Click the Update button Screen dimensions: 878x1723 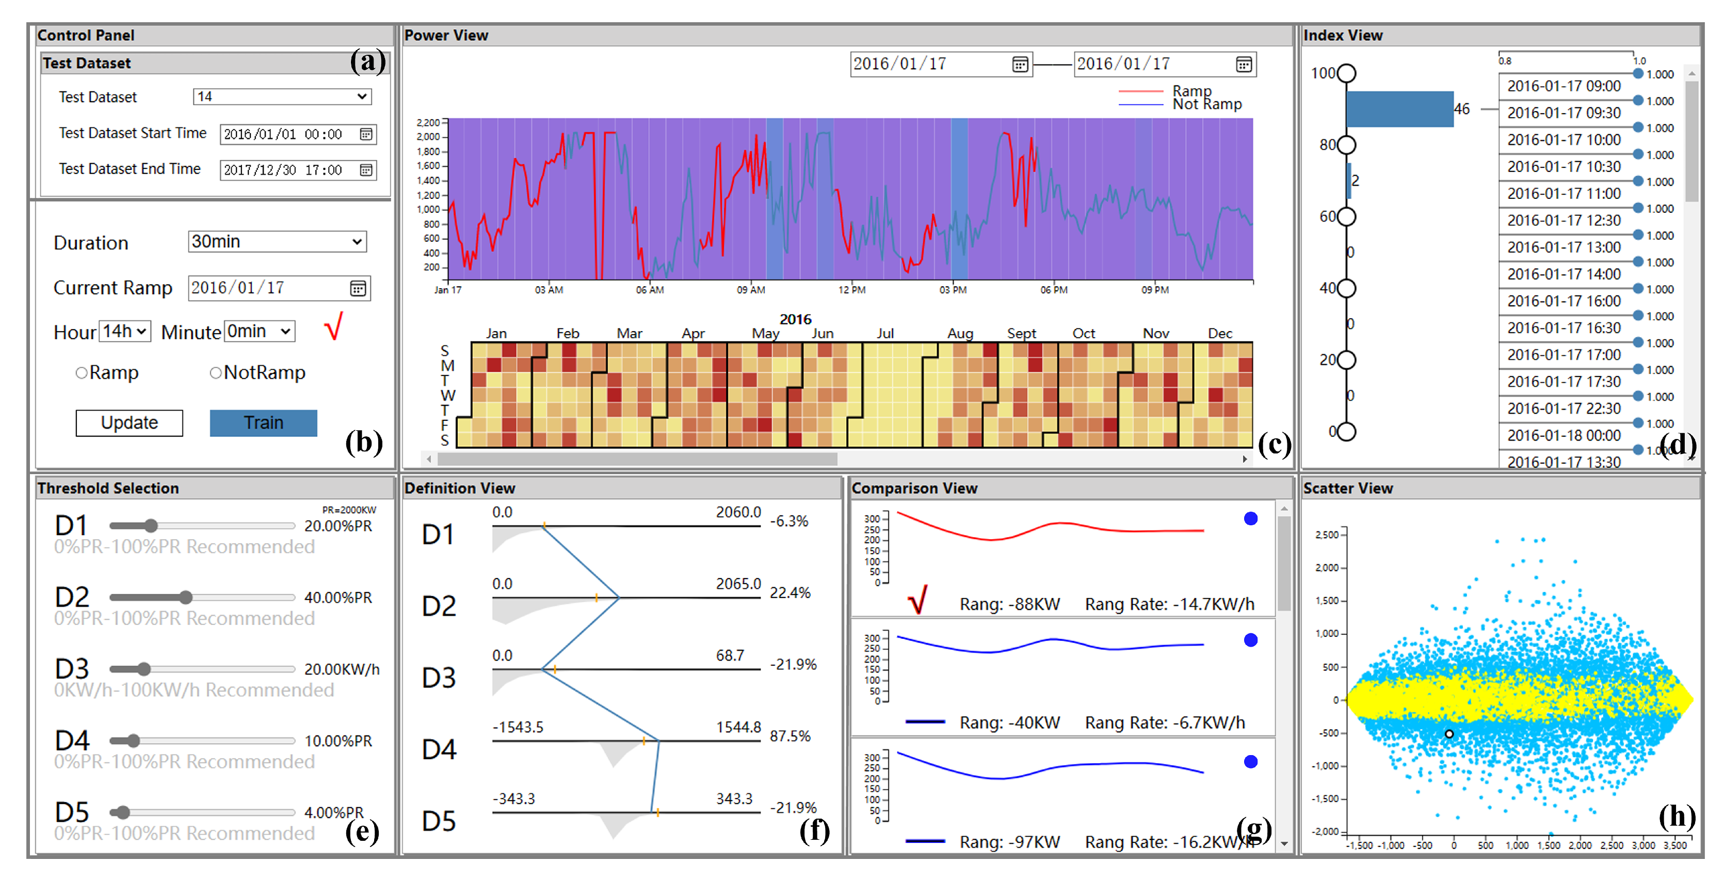click(x=129, y=423)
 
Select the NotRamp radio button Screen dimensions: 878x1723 click(x=215, y=373)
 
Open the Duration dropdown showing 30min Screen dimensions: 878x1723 click(x=277, y=242)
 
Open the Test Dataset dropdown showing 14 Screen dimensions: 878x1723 click(x=282, y=97)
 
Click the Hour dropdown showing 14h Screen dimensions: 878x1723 click(x=124, y=331)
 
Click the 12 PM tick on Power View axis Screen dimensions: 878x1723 click(x=851, y=290)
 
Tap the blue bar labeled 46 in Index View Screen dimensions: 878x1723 click(x=1399, y=109)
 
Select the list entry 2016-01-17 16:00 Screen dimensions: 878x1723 click(x=1564, y=301)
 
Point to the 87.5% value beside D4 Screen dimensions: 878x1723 click(x=790, y=736)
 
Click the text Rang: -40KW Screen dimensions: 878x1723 click(x=1009, y=723)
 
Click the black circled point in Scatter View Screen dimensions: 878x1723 click(x=1449, y=734)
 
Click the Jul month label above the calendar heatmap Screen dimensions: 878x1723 click(x=885, y=333)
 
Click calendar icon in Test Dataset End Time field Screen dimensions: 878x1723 click(x=366, y=170)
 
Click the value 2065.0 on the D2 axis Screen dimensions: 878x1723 click(x=738, y=584)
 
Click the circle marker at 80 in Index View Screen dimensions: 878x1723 click(x=1346, y=145)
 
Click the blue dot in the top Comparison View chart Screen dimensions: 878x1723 click(x=1250, y=519)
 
